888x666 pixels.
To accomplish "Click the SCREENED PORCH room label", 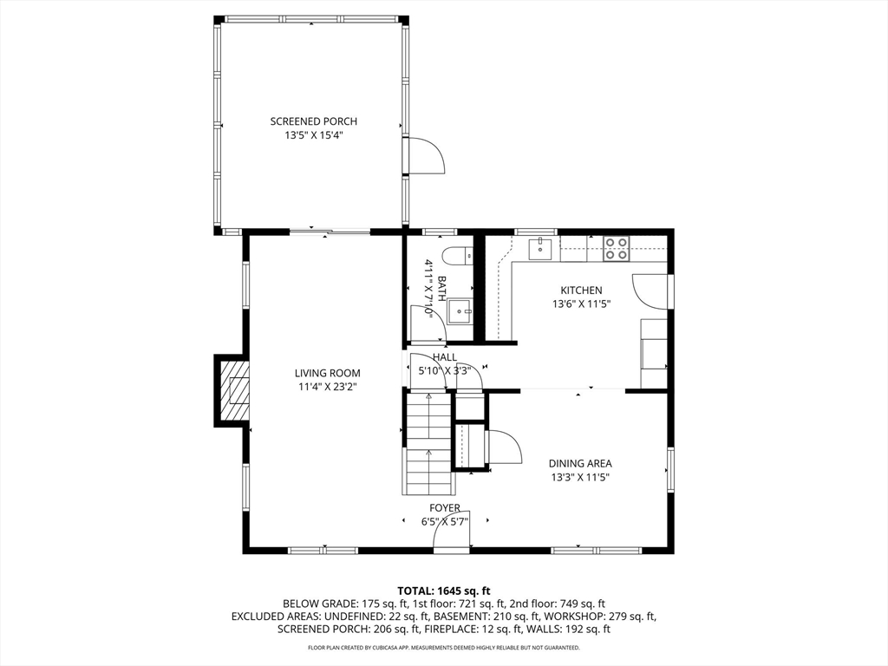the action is tap(313, 121).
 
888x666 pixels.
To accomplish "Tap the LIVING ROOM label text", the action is tap(327, 373).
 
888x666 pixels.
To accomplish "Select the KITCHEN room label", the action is tap(581, 291).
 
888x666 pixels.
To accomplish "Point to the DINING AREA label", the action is tap(580, 463).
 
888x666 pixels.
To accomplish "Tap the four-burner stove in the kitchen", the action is tap(616, 248).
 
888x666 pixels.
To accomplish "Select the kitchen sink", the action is tap(540, 248).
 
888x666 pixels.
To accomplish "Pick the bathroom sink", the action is tap(460, 311).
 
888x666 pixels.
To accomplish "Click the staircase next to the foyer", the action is tap(428, 444).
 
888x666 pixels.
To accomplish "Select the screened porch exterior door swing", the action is tap(425, 154).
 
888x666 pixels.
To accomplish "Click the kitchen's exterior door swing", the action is tap(650, 291).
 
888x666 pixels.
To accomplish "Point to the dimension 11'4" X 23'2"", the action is tap(327, 388).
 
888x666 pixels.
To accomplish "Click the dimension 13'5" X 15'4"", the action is tap(314, 135).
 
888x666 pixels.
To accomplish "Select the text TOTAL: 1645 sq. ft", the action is tap(443, 591).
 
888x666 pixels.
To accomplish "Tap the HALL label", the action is tap(445, 357).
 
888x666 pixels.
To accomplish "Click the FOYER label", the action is tap(445, 508).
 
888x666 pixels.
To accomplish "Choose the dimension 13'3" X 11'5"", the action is tap(580, 478).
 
